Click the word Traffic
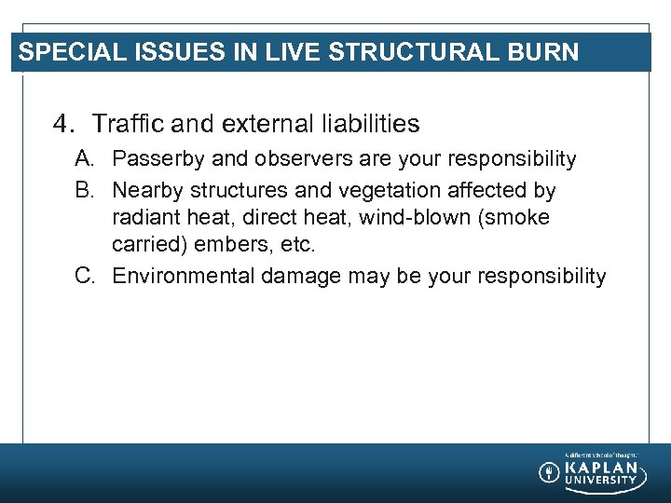tap(129, 123)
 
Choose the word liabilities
tap(367, 123)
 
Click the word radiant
tap(141, 218)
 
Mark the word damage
tap(300, 276)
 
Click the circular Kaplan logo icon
tap(550, 472)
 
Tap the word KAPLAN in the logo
tap(601, 467)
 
